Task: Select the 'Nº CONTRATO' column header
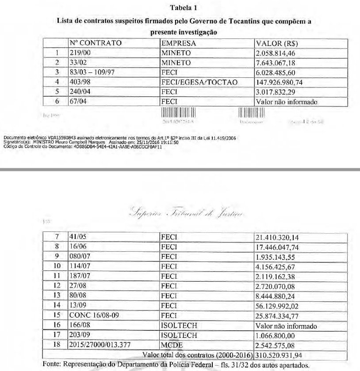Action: click(x=95, y=44)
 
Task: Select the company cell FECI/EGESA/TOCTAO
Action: click(x=199, y=83)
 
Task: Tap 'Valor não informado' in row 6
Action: click(x=287, y=102)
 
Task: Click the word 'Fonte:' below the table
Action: click(x=52, y=365)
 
